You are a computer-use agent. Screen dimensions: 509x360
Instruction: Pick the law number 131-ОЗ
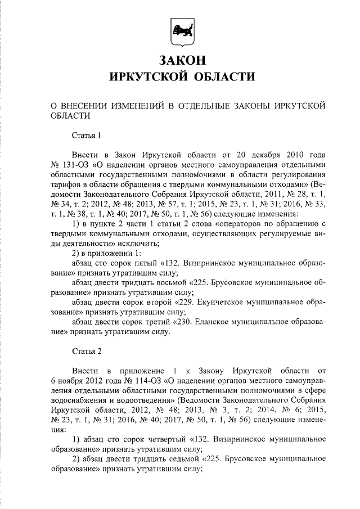(x=74, y=165)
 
